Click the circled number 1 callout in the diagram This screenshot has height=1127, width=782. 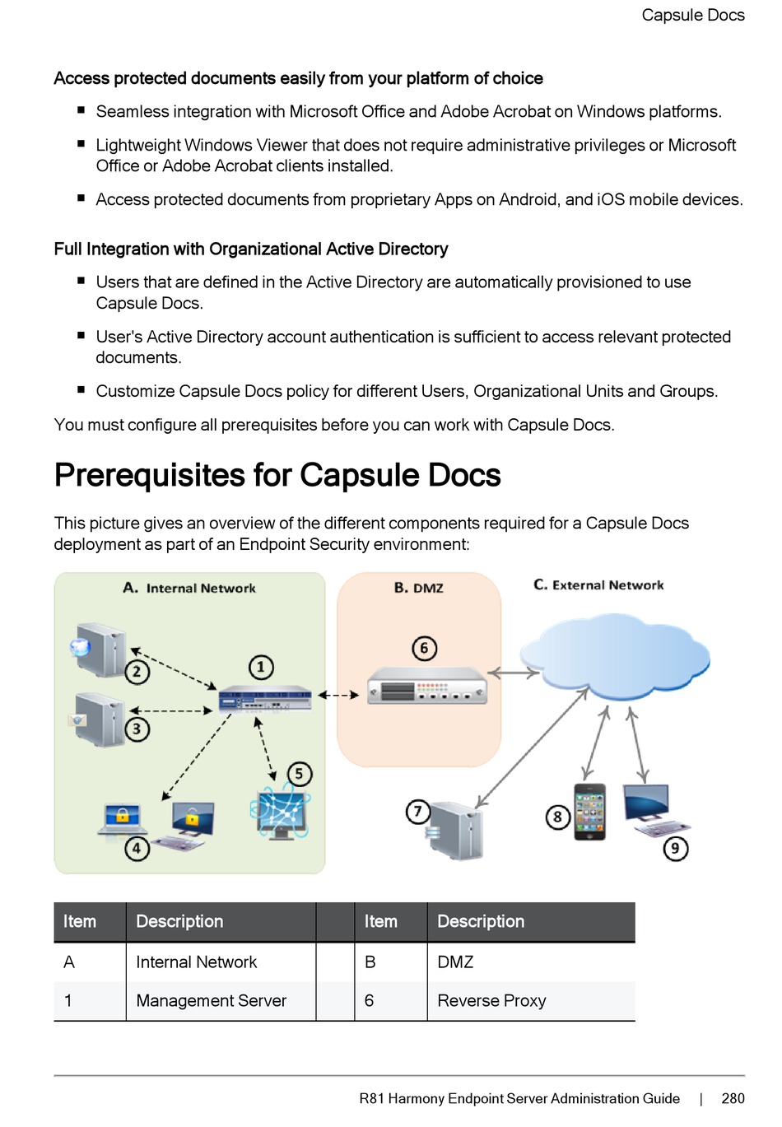point(261,667)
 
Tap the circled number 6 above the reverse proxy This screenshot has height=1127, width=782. point(424,648)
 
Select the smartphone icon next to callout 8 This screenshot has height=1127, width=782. point(589,812)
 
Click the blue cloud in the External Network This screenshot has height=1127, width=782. point(614,655)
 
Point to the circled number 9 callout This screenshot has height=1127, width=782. point(675,848)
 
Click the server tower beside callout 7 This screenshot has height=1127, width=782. point(455,830)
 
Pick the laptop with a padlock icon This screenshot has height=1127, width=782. point(123,819)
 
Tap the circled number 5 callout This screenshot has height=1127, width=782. point(300,773)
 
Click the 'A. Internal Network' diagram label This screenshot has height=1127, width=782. point(189,588)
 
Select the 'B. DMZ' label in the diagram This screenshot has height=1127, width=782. point(419,588)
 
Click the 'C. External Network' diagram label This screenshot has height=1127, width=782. point(598,584)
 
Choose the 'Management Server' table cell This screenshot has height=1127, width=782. point(212,1000)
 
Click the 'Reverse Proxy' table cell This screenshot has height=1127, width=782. point(491,1000)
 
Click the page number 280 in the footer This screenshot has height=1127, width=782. point(733,1098)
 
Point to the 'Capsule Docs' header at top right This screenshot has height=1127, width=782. point(693,15)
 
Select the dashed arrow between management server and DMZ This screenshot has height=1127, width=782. point(338,696)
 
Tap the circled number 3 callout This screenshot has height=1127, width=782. point(137,729)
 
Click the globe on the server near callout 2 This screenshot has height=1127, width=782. point(80,647)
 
